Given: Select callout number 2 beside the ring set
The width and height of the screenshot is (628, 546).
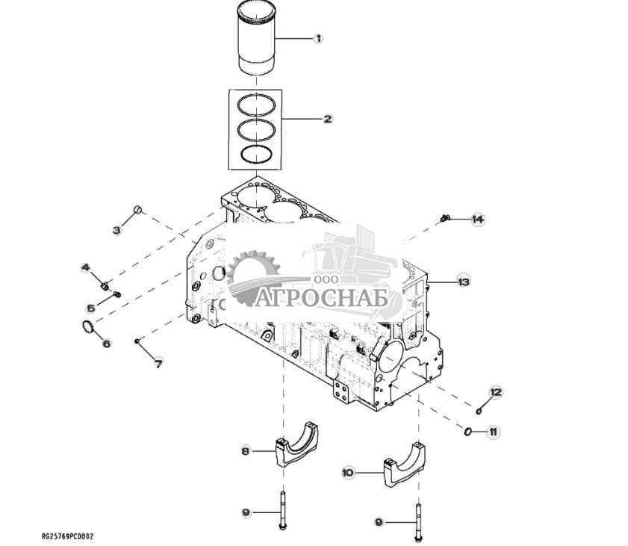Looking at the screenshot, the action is tap(328, 119).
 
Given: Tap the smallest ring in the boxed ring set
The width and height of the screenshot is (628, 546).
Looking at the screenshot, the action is tap(256, 154).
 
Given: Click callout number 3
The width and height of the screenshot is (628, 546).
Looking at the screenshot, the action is tap(116, 230).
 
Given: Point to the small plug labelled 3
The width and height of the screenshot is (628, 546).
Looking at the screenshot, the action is tap(137, 209).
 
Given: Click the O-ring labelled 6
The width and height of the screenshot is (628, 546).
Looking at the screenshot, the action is tap(87, 326).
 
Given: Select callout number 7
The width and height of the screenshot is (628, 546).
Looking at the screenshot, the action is tap(158, 364).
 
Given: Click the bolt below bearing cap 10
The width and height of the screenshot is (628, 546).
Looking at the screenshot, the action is tap(418, 523).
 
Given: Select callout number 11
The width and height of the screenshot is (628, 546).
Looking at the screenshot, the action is tap(493, 432).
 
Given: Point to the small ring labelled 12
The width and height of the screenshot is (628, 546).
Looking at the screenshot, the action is tap(479, 411).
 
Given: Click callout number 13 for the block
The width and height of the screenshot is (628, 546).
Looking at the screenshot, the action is tap(464, 282).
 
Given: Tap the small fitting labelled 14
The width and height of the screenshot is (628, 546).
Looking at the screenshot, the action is tap(444, 218).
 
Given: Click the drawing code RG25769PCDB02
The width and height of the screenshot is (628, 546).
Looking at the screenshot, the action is tap(68, 536).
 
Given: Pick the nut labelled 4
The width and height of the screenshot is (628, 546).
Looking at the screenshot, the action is tap(105, 286).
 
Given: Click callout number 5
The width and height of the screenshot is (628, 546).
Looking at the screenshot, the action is tap(91, 308).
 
